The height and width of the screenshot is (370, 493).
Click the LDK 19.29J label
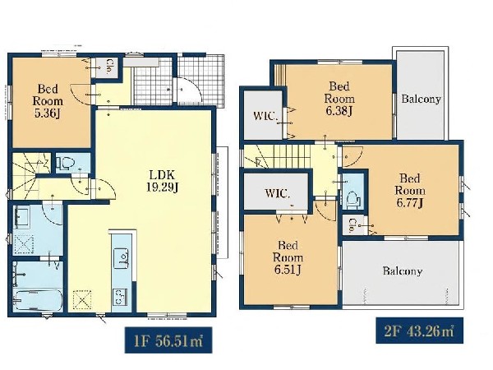(162, 181)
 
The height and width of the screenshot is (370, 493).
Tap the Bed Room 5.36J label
(48, 101)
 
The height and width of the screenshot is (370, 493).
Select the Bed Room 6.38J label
(339, 99)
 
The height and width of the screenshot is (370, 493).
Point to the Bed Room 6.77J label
(410, 191)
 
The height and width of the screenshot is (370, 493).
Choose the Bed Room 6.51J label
(288, 257)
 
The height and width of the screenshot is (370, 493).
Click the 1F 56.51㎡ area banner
(168, 340)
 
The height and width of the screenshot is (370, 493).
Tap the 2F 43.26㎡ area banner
(419, 331)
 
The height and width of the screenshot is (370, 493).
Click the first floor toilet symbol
(66, 164)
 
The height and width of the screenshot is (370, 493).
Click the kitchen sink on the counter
(121, 259)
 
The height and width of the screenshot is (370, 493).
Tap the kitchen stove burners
(119, 296)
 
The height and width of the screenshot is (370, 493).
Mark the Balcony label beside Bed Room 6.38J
(421, 99)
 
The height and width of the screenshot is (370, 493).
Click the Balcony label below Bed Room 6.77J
(402, 271)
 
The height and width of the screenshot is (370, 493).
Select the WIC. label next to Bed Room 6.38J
(265, 116)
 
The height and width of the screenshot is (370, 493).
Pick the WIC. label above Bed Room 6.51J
(278, 193)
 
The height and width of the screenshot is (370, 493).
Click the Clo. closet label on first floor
(108, 67)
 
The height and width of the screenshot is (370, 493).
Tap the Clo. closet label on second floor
(352, 225)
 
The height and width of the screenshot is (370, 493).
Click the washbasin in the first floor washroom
(21, 217)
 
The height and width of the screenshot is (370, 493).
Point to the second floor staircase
(277, 156)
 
